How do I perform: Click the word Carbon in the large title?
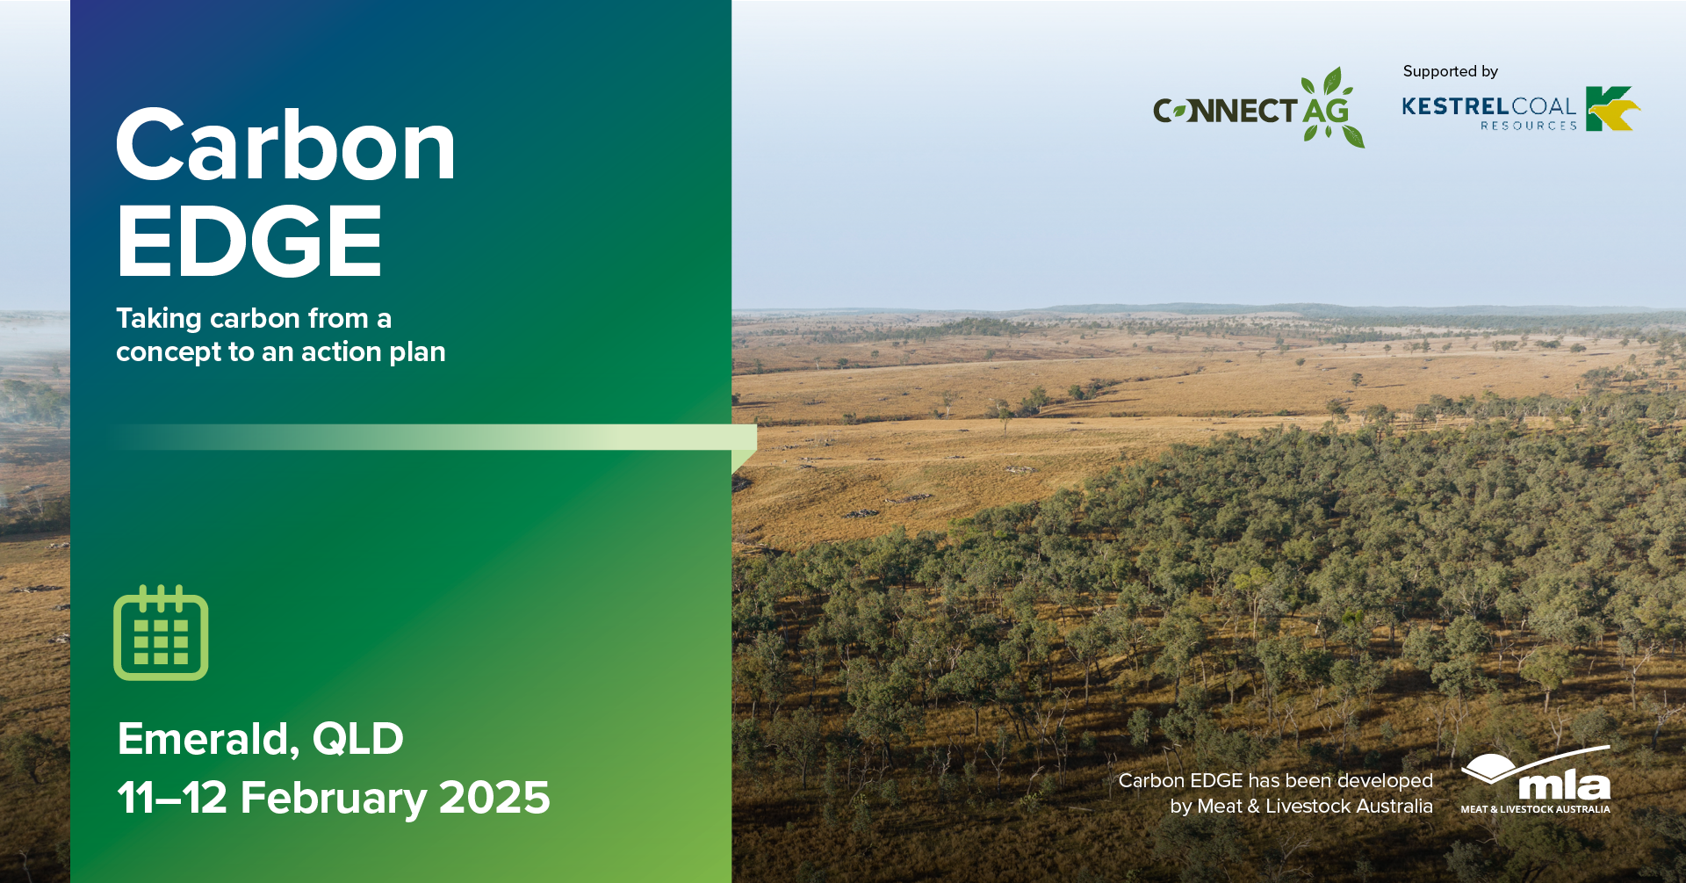click(x=286, y=146)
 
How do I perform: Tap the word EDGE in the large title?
click(x=250, y=241)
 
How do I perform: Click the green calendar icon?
click(x=161, y=633)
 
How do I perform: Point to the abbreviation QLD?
click(x=358, y=739)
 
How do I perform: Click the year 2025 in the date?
click(x=494, y=798)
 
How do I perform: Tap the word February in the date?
click(x=334, y=800)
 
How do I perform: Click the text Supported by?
click(x=1451, y=71)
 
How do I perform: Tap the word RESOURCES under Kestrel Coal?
click(x=1529, y=126)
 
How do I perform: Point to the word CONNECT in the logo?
click(x=1225, y=111)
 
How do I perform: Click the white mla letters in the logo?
click(x=1564, y=785)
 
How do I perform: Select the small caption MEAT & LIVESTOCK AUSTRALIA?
click(x=1536, y=809)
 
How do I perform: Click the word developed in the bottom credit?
click(x=1385, y=781)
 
